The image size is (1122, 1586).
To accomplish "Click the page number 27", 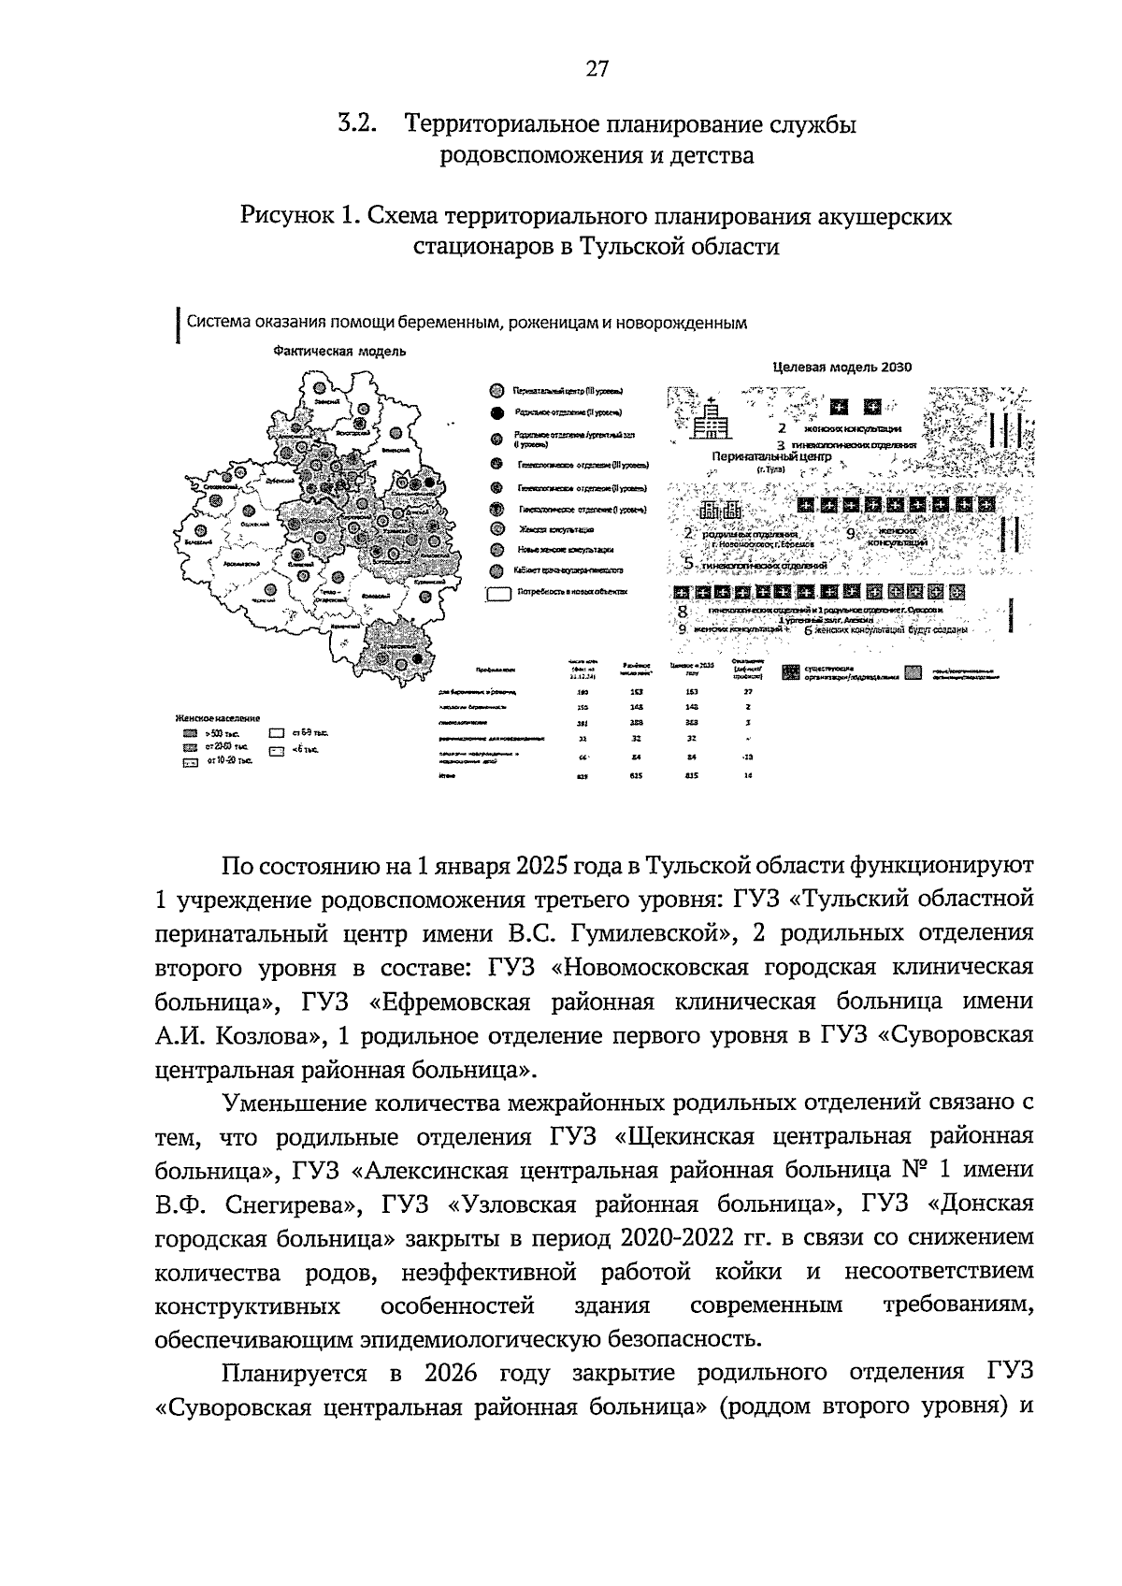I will click(597, 69).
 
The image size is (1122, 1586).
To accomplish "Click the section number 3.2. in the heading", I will click(357, 123).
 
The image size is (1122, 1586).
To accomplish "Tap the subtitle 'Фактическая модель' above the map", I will click(339, 352).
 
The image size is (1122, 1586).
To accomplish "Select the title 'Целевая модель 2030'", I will click(842, 368).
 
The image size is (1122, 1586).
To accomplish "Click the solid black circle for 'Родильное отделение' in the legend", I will click(496, 411).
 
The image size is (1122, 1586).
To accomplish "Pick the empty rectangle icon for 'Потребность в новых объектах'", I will click(497, 592).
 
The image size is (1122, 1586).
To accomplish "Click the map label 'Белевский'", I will click(197, 542).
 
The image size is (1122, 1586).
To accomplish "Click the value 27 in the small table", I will click(747, 692).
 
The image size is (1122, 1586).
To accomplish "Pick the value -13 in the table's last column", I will click(747, 756).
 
